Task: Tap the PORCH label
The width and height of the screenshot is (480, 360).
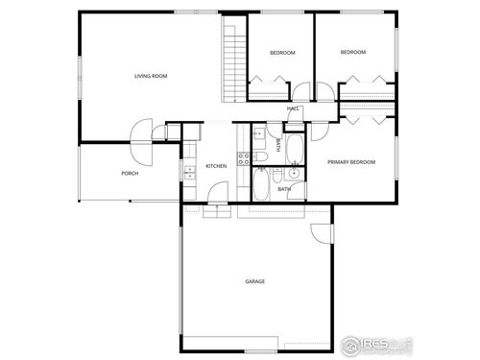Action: coord(129,173)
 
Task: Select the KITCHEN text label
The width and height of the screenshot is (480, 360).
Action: coord(216,166)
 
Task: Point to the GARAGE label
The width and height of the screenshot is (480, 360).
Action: coord(254,281)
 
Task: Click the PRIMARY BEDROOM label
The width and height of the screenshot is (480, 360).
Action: coord(351,162)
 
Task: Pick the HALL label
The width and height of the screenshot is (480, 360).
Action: coord(294,108)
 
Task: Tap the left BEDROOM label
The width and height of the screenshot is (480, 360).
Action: coord(282,52)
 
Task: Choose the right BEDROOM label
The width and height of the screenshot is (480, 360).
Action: coord(353,52)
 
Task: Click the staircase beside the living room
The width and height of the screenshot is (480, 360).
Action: coord(231,62)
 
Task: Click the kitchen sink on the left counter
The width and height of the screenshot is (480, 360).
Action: coord(188,173)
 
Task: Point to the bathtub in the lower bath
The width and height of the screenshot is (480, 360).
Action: coord(260,184)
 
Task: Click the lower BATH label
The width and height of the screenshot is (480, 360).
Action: coord(285,189)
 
